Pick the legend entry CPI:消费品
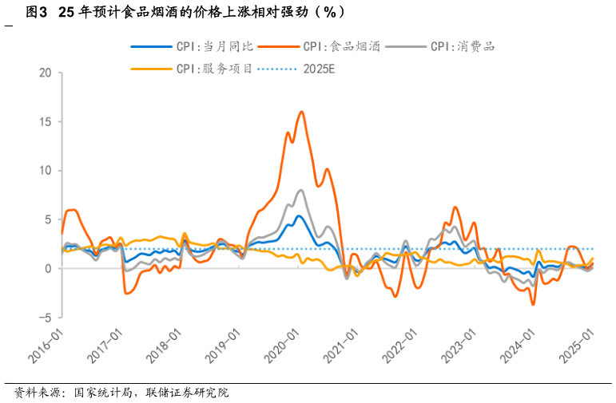[x=463, y=46]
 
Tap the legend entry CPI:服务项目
[x=214, y=69]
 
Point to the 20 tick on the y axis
[x=45, y=73]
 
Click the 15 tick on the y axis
[x=45, y=122]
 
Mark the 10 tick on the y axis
[x=45, y=171]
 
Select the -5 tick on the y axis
[x=45, y=318]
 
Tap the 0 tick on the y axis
[x=48, y=269]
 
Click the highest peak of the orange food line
[x=301, y=112]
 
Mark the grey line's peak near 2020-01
[x=301, y=190]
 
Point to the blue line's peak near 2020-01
[x=299, y=215]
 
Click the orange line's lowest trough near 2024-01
[x=533, y=304]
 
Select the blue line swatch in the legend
[x=151, y=46]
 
